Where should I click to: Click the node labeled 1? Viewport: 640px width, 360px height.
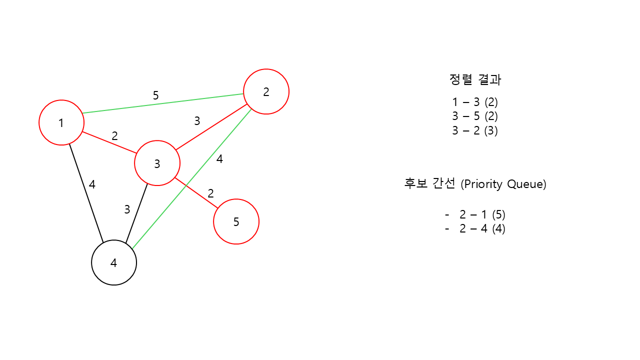point(61,122)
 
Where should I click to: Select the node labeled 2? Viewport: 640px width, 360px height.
point(266,91)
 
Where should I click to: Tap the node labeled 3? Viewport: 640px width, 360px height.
point(157,163)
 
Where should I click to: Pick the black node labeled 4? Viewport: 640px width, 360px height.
point(114,262)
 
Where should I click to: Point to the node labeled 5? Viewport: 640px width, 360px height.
point(236,221)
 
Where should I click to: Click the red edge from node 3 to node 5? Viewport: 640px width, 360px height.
point(196,192)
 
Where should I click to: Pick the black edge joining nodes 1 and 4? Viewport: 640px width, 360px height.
point(86,193)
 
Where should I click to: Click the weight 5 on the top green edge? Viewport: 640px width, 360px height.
point(155,95)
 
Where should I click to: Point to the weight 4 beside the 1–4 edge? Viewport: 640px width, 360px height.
point(92,184)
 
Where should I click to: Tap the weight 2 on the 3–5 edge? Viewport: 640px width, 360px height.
point(210,193)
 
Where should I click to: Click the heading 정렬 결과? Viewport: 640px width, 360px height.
point(475,79)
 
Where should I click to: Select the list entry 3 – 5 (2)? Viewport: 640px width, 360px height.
point(475,116)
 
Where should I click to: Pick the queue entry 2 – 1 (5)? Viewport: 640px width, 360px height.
point(482,215)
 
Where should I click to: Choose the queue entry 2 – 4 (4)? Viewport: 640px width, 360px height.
point(482,229)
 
